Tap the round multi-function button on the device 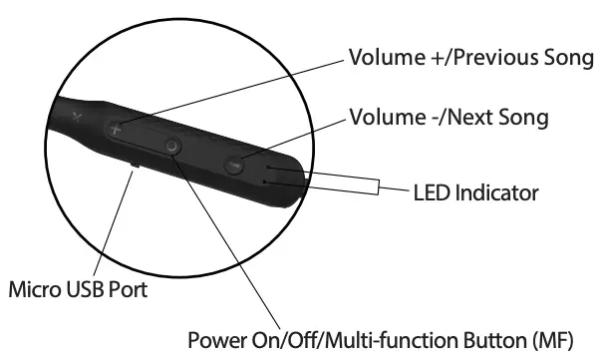click(x=173, y=146)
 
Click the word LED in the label click(x=430, y=189)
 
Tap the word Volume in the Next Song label click(x=383, y=119)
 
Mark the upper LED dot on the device click(x=266, y=170)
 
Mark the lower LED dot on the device click(x=261, y=182)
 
